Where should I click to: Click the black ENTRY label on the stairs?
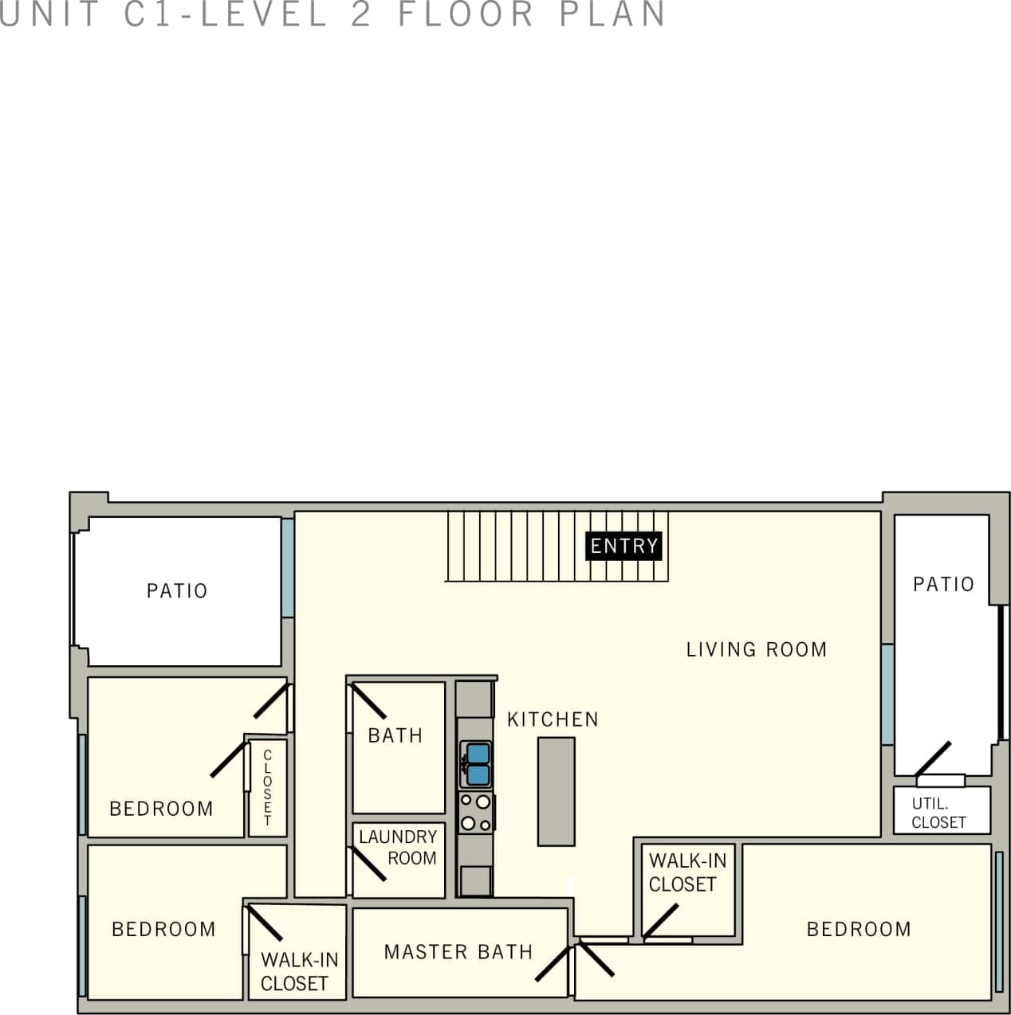(624, 546)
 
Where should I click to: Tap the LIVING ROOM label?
(756, 649)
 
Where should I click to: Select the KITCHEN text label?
(553, 719)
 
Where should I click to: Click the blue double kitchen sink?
(478, 764)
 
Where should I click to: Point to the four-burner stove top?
(475, 813)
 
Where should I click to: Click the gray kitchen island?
(556, 791)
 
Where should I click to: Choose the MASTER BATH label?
(458, 952)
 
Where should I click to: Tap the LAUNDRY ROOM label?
(399, 848)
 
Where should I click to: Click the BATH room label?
(395, 735)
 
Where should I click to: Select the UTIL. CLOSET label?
(938, 813)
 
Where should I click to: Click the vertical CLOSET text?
(267, 787)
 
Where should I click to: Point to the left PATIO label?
(177, 591)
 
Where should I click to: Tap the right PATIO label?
(943, 585)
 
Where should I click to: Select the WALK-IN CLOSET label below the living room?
(686, 872)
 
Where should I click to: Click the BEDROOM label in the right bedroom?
(859, 930)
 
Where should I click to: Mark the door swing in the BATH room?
(368, 701)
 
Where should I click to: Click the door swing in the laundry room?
(368, 864)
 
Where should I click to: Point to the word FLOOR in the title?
(466, 14)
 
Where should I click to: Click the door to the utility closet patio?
(933, 759)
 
